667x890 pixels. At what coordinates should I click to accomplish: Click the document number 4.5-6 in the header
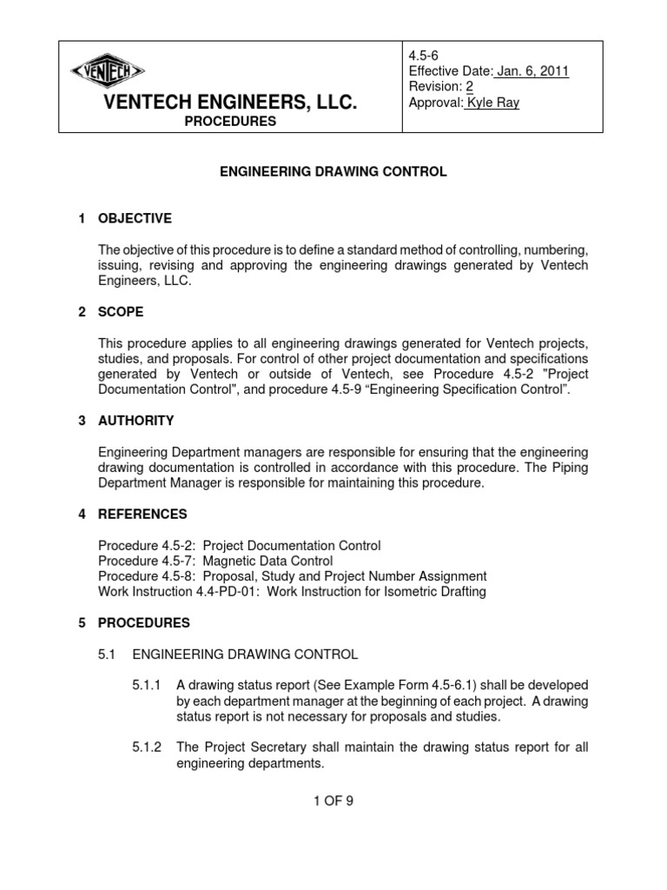425,55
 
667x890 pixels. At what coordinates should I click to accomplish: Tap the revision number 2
469,87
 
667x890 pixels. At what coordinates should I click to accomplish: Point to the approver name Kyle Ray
498,103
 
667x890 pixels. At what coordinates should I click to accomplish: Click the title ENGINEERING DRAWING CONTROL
333,172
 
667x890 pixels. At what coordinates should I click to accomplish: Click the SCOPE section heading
122,311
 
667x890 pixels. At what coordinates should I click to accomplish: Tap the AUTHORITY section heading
137,421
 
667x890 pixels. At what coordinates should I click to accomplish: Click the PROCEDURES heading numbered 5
144,623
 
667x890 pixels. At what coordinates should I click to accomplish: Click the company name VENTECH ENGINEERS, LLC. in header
230,103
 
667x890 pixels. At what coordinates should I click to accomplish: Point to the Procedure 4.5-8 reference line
292,577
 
